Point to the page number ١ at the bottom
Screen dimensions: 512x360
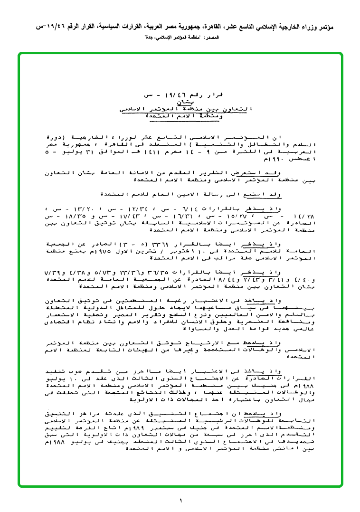point(180,500)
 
